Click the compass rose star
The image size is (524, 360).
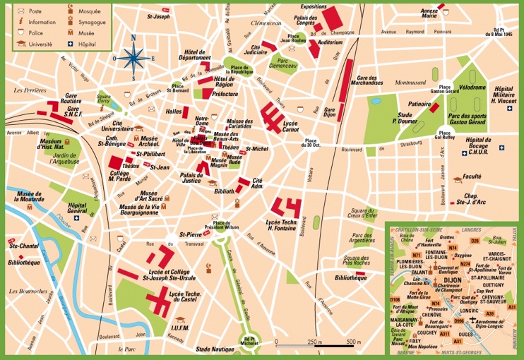[134, 54]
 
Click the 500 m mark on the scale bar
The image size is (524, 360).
[350, 342]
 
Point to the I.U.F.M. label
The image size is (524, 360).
[182, 328]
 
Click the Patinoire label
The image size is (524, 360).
[420, 103]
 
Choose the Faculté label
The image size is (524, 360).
[471, 176]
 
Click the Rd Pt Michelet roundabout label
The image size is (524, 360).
[246, 342]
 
